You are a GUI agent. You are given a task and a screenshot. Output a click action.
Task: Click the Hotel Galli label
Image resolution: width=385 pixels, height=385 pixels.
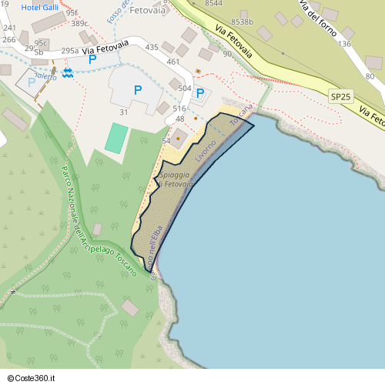41,7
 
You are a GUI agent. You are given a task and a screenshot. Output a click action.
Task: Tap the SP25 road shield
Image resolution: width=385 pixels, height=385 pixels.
340,96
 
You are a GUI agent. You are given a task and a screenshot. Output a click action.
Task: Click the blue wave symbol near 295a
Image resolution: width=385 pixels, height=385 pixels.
68,72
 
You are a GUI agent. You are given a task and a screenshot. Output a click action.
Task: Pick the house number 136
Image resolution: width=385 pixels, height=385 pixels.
345,44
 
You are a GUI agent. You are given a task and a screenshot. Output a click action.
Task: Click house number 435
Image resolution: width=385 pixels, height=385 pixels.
152,48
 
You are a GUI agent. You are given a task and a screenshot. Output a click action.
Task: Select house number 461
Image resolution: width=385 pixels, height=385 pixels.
172,62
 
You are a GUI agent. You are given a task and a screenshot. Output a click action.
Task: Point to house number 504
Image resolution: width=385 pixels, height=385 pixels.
185,89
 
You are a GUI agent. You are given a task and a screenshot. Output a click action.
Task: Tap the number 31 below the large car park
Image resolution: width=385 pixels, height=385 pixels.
123,112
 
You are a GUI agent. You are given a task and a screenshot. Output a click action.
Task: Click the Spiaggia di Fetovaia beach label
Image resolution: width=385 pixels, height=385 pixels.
175,180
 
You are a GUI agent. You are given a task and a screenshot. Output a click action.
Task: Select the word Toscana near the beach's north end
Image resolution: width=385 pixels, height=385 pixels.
240,116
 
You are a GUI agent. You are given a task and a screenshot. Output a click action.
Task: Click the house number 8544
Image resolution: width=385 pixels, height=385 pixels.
214,3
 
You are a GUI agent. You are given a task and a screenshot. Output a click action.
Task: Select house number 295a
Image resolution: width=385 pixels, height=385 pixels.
69,51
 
